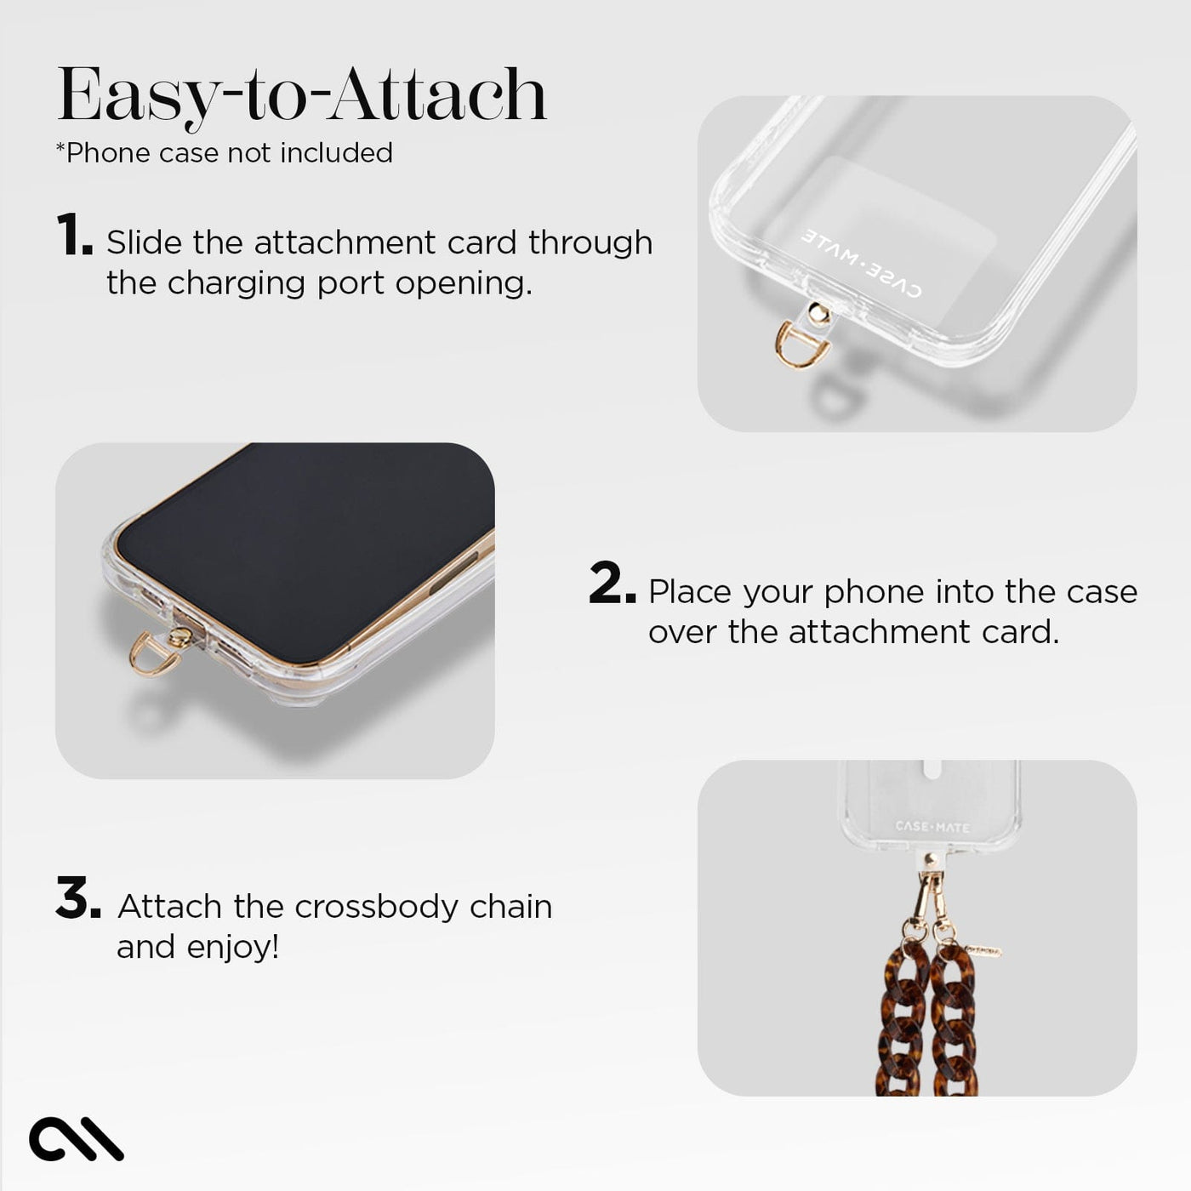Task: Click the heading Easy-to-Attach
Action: pyautogui.click(x=301, y=95)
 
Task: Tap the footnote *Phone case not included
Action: pyautogui.click(x=225, y=153)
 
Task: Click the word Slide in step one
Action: pyautogui.click(x=145, y=242)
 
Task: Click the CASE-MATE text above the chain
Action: pyautogui.click(x=932, y=827)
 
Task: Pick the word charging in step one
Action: pyautogui.click(x=236, y=284)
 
